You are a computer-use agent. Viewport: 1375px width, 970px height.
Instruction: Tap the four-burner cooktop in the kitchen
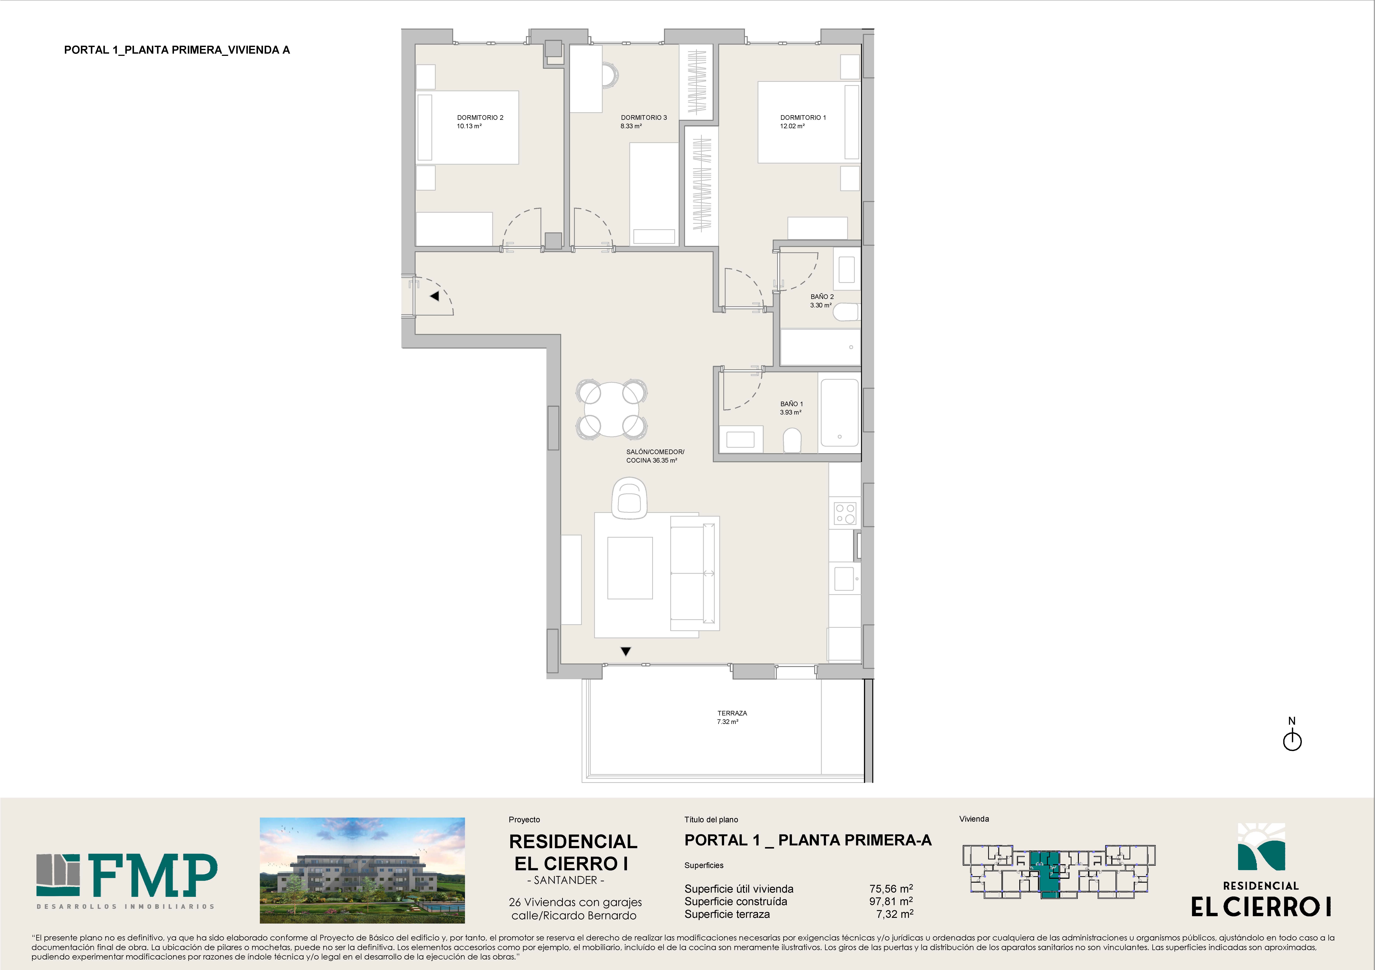845,513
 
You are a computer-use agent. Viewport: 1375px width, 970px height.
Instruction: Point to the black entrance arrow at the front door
434,296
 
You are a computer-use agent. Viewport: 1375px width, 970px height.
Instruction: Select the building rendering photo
362,870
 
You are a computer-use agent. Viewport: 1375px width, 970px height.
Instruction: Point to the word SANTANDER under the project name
565,880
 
